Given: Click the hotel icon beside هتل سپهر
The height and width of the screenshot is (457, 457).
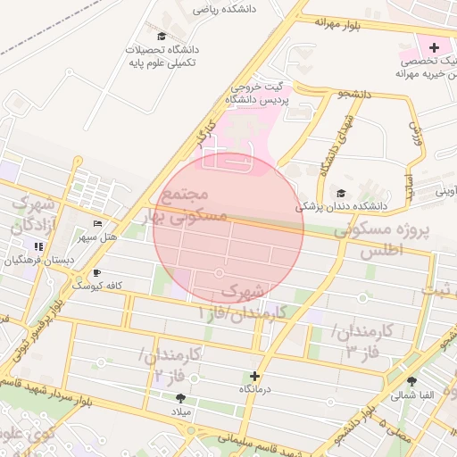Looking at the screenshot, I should click(x=97, y=223).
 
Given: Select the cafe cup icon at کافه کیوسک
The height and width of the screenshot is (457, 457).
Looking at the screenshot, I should click(x=97, y=272).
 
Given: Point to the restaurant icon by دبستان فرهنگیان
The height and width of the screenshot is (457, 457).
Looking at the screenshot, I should click(x=38, y=246).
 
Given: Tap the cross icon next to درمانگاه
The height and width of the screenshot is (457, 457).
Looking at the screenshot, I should click(x=256, y=377).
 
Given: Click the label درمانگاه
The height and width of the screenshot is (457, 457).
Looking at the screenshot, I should click(x=256, y=390).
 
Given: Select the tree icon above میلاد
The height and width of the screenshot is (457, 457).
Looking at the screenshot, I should click(x=182, y=398).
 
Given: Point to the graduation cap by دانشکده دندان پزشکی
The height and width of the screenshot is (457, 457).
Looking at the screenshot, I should click(x=341, y=193).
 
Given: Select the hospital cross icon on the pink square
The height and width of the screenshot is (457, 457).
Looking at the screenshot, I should click(x=434, y=46).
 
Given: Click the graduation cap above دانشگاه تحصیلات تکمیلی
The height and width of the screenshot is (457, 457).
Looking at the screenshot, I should click(x=161, y=36).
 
